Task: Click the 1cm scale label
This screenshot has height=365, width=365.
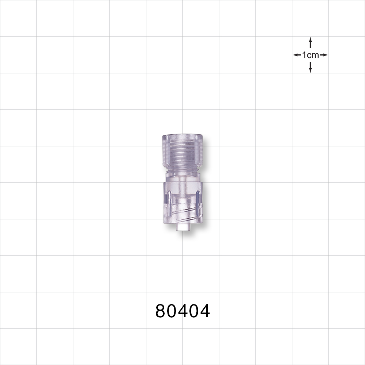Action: [310, 55]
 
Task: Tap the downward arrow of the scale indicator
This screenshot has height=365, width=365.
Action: [310, 68]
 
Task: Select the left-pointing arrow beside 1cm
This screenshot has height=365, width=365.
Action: [297, 55]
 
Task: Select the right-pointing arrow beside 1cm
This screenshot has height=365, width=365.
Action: [324, 55]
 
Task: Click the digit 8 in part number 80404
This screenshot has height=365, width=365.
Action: [161, 311]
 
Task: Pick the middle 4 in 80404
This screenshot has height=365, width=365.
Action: [183, 311]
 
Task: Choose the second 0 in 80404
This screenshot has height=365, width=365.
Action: [194, 311]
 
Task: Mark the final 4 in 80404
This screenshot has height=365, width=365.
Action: [205, 311]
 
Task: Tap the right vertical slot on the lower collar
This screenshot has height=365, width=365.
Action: [197, 203]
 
